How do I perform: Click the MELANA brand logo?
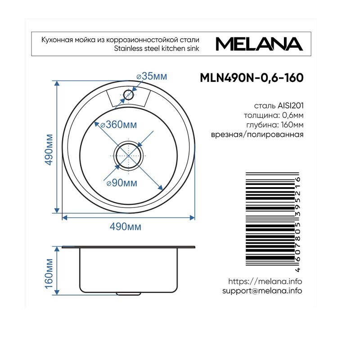[x=259, y=44]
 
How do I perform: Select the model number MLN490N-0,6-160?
[x=252, y=78]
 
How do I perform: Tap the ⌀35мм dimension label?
[x=152, y=76]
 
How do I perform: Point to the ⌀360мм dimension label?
[x=119, y=125]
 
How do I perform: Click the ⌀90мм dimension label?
[x=122, y=183]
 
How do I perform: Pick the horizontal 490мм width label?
[x=126, y=227]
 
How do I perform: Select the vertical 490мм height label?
[x=49, y=149]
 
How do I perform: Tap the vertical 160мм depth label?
[x=49, y=274]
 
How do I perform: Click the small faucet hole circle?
[x=128, y=94]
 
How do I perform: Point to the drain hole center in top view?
[x=128, y=155]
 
